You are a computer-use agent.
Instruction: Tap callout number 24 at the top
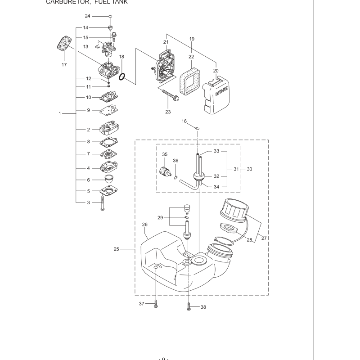coord(88,16)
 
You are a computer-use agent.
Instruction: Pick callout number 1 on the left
coord(60,113)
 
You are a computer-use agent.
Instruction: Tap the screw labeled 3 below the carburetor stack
coord(103,203)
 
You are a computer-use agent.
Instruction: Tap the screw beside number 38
coord(188,307)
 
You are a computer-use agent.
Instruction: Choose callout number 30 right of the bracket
coord(249,169)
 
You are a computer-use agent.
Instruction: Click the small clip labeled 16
coord(197,129)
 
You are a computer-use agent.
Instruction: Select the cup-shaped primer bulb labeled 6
coord(108,179)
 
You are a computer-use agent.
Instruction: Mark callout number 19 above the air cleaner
coord(191,39)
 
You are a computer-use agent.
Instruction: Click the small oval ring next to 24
coord(110,19)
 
